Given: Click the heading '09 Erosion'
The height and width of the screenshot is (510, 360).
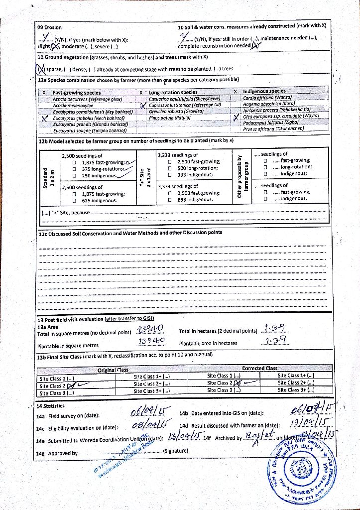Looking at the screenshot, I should pyautogui.click(x=50, y=27).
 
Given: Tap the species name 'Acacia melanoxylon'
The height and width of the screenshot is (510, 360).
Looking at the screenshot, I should pyautogui.click(x=73, y=106).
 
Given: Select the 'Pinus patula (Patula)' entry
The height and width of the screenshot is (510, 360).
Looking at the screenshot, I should pyautogui.click(x=170, y=118).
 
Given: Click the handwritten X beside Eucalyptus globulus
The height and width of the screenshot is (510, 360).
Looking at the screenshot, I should pyautogui.click(x=44, y=119).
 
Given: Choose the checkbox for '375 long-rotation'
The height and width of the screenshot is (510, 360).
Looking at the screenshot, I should pyautogui.click(x=74, y=168).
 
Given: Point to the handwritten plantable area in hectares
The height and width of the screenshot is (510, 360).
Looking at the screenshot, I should pyautogui.click(x=275, y=341).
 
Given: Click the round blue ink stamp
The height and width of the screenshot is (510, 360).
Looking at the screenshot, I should pyautogui.click(x=313, y=469).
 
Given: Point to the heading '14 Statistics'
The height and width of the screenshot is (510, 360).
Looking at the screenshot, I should pyautogui.click(x=50, y=406).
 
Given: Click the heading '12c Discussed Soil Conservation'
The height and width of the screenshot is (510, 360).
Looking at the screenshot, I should pyautogui.click(x=130, y=233).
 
